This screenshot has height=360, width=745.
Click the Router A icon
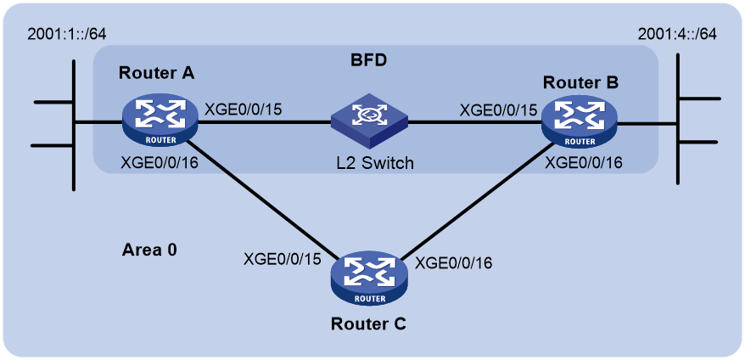[x=160, y=121]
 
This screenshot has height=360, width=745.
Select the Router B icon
[x=580, y=121]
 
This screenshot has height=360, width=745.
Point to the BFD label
[x=367, y=61]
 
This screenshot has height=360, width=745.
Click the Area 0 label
[x=149, y=250]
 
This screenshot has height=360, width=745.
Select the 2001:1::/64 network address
[x=66, y=36]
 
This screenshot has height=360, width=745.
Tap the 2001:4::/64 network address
[x=677, y=36]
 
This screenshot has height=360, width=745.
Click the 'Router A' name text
[x=156, y=73]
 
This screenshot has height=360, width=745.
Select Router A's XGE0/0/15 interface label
[x=244, y=110]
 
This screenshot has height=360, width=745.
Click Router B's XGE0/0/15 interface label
[x=498, y=110]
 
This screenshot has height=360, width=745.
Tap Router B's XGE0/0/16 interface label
[x=584, y=163]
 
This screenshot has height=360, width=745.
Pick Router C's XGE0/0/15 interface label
[x=283, y=260]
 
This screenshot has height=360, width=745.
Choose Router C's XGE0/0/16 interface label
[x=454, y=262]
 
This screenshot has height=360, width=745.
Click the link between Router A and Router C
[x=263, y=199]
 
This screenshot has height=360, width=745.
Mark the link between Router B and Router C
[x=475, y=200]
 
